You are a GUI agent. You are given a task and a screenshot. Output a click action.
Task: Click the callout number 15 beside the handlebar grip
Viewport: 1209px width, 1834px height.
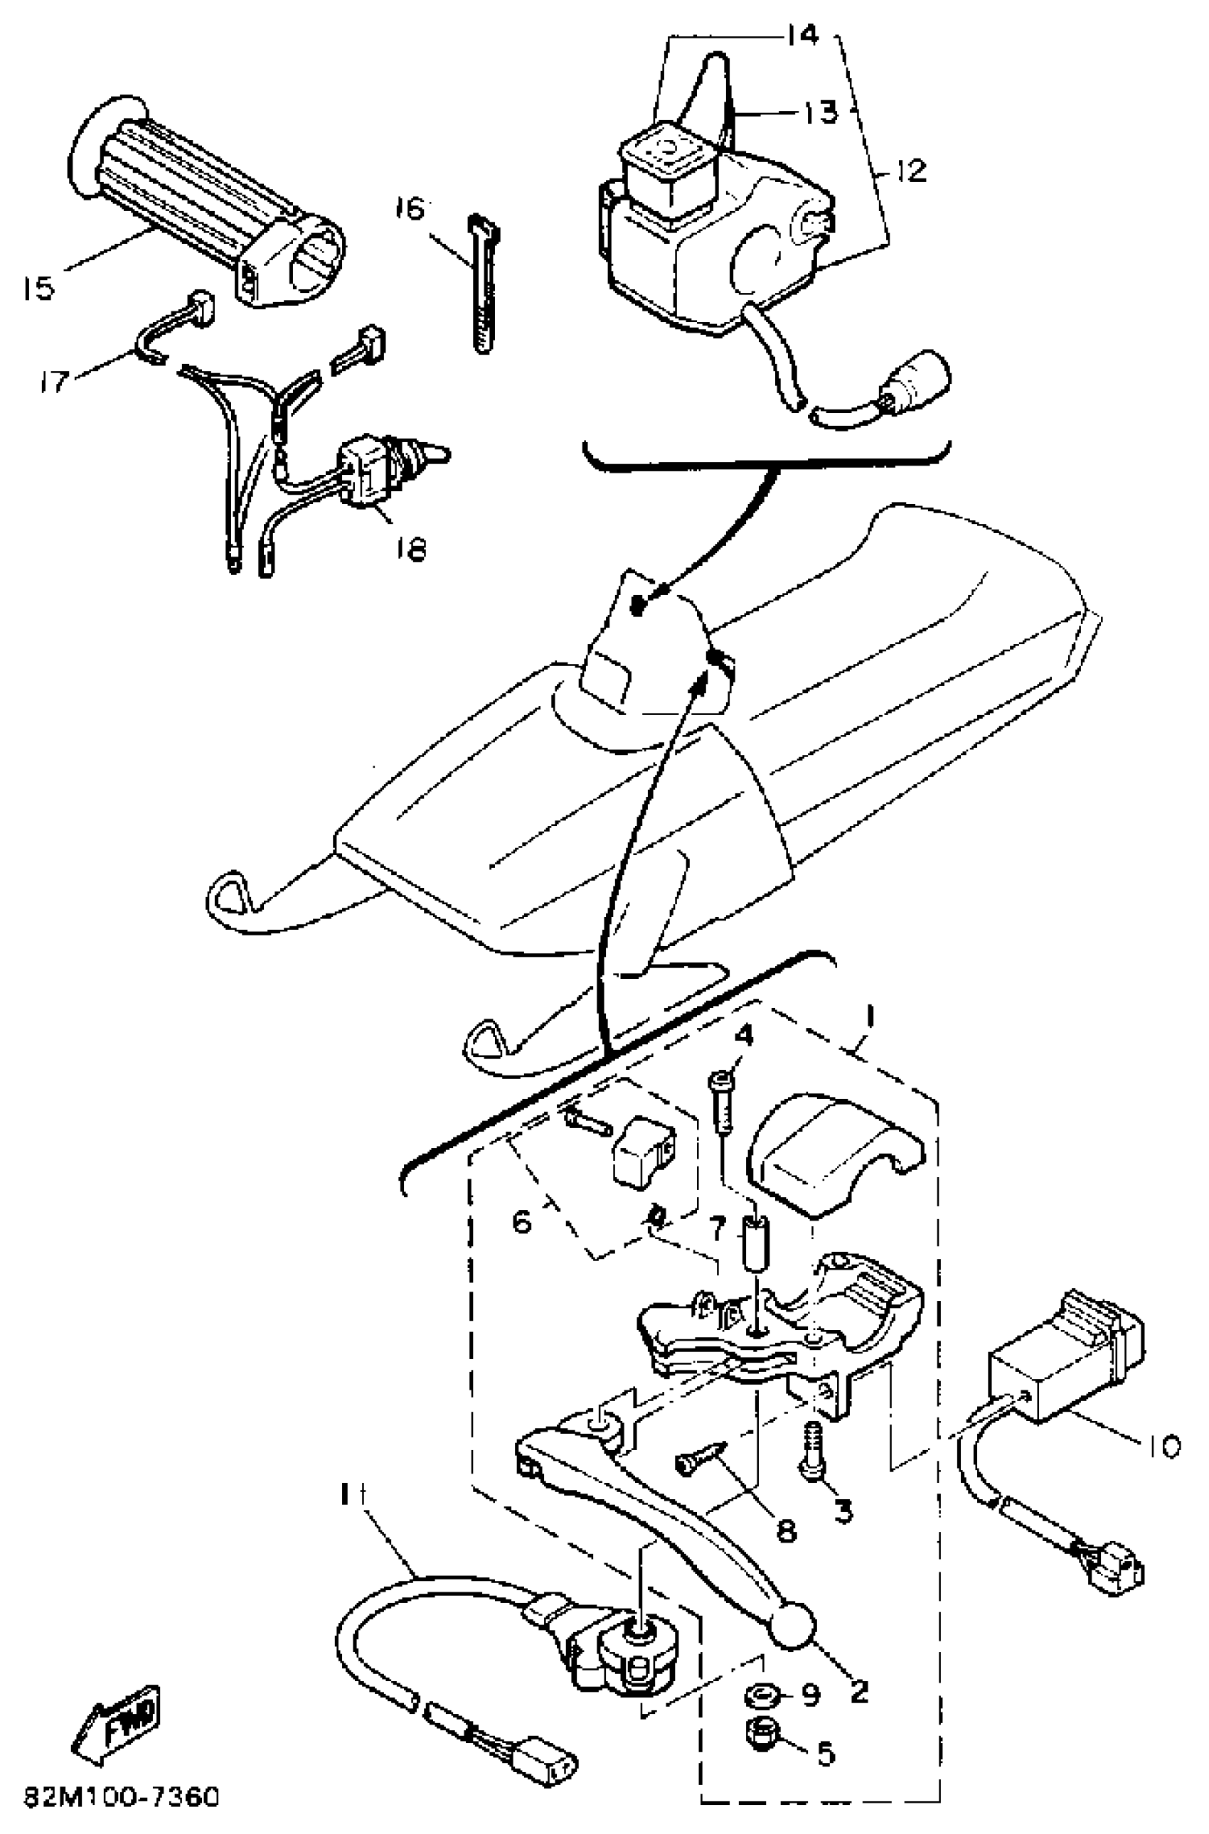click(x=38, y=289)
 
